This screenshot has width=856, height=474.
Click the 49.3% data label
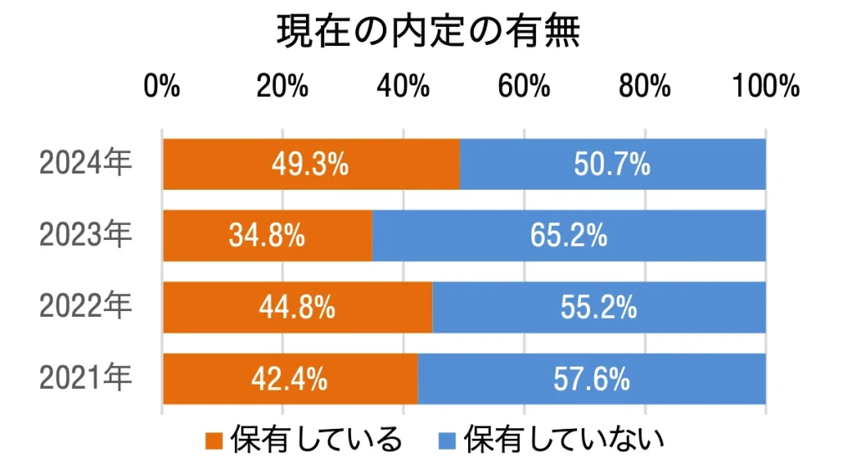309,165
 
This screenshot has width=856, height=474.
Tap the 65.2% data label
568,237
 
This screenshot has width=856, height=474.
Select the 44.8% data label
298,308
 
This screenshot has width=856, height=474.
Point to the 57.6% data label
591,380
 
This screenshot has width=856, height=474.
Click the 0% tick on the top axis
162,86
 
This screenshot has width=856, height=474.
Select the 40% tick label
404,86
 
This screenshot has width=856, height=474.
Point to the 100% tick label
766,86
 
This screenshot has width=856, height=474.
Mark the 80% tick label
645,86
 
